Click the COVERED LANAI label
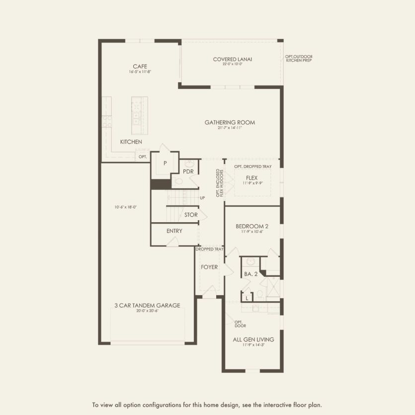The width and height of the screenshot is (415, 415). (232, 60)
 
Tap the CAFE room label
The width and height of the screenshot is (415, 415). (140, 67)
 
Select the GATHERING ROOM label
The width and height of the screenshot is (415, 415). (226, 122)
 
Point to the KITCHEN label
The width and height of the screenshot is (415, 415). (131, 142)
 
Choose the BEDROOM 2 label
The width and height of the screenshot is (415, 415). (251, 226)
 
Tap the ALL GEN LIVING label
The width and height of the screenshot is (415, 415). (253, 339)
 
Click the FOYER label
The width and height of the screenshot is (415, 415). (209, 267)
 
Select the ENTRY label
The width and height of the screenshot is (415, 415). (174, 231)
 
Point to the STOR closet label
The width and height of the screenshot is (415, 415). (191, 215)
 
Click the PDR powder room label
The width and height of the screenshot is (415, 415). (188, 171)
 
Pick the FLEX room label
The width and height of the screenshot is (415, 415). (252, 177)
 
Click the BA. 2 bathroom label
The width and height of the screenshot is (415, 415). (250, 274)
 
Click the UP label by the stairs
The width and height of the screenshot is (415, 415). (202, 198)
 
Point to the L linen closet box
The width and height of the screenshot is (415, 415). (247, 298)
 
